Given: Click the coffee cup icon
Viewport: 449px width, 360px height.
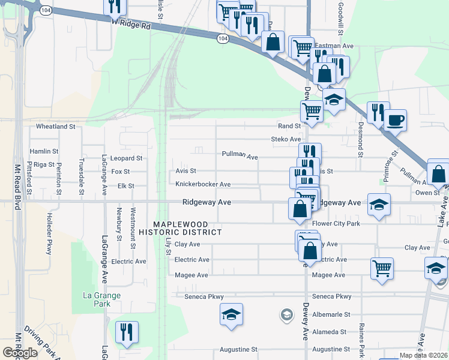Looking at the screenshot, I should [396, 120].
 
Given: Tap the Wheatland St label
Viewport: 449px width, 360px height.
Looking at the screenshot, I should [55, 127].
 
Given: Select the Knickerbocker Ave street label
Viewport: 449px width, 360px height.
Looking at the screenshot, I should [203, 184].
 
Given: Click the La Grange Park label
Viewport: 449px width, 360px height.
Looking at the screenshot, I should [101, 299].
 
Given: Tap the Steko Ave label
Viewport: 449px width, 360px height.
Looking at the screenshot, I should [286, 139].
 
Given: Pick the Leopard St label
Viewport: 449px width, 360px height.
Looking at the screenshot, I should [127, 158].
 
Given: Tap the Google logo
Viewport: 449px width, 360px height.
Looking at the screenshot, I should [20, 353].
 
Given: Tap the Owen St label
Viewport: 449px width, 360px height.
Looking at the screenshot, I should [427, 193].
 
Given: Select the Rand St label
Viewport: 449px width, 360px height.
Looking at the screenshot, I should [289, 126].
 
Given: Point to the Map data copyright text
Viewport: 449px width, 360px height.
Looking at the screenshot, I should [423, 355].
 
